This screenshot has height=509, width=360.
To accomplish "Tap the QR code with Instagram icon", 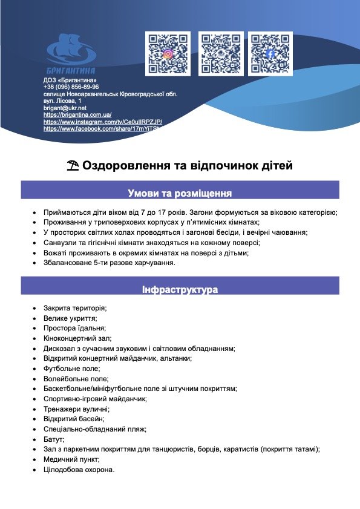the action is (168, 54).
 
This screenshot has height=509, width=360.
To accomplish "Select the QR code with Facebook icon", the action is (270, 54).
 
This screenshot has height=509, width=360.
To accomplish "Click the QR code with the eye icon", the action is (221, 54).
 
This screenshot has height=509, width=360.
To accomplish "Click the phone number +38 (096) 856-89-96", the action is (71, 87).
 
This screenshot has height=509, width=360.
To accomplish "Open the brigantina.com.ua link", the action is (77, 115).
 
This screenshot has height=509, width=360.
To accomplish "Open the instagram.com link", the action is (103, 122).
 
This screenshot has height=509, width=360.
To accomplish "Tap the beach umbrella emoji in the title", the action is (73, 165).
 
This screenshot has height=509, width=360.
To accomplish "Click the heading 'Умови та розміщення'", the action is (180, 194).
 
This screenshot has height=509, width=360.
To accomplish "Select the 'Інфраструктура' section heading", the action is (180, 290).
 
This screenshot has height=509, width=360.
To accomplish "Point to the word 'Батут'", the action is (54, 439).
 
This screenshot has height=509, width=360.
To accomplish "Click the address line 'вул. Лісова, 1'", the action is (62, 100).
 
